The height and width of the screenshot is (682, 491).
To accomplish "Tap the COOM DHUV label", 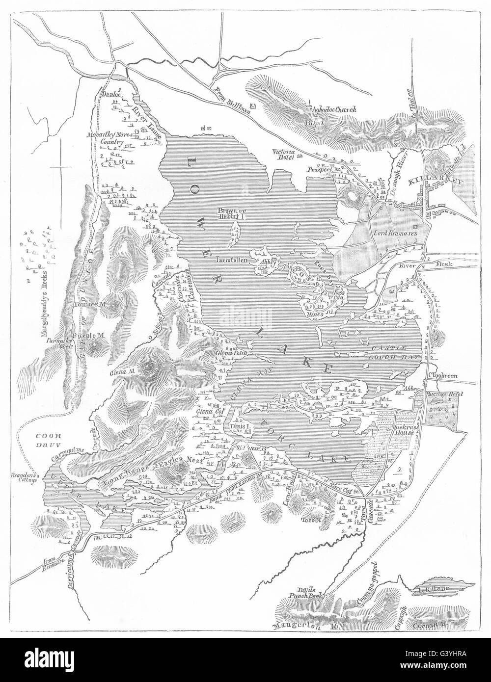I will point(44,438).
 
